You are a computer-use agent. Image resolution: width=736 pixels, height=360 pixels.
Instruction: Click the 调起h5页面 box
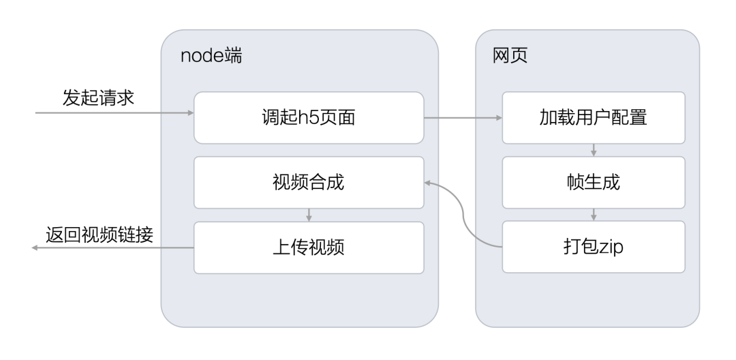(x=309, y=118)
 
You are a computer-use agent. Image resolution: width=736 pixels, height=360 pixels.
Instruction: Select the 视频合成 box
(x=309, y=182)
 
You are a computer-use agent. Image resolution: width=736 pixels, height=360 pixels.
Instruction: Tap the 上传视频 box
(x=309, y=246)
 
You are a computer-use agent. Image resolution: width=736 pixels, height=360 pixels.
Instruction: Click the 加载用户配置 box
(x=593, y=118)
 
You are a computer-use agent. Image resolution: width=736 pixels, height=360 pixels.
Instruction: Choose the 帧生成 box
(x=593, y=182)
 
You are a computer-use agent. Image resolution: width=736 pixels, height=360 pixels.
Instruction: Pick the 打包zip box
(x=593, y=246)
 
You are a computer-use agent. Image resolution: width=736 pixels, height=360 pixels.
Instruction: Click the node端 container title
(x=211, y=56)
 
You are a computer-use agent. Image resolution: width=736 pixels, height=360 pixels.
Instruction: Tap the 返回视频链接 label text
(x=99, y=234)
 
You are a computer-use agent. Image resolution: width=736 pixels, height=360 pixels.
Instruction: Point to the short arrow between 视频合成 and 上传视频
(x=309, y=215)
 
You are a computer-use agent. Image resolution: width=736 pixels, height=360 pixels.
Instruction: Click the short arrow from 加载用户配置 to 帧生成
(x=593, y=150)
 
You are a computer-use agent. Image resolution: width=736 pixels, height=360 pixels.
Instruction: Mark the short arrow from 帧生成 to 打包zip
(x=593, y=214)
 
